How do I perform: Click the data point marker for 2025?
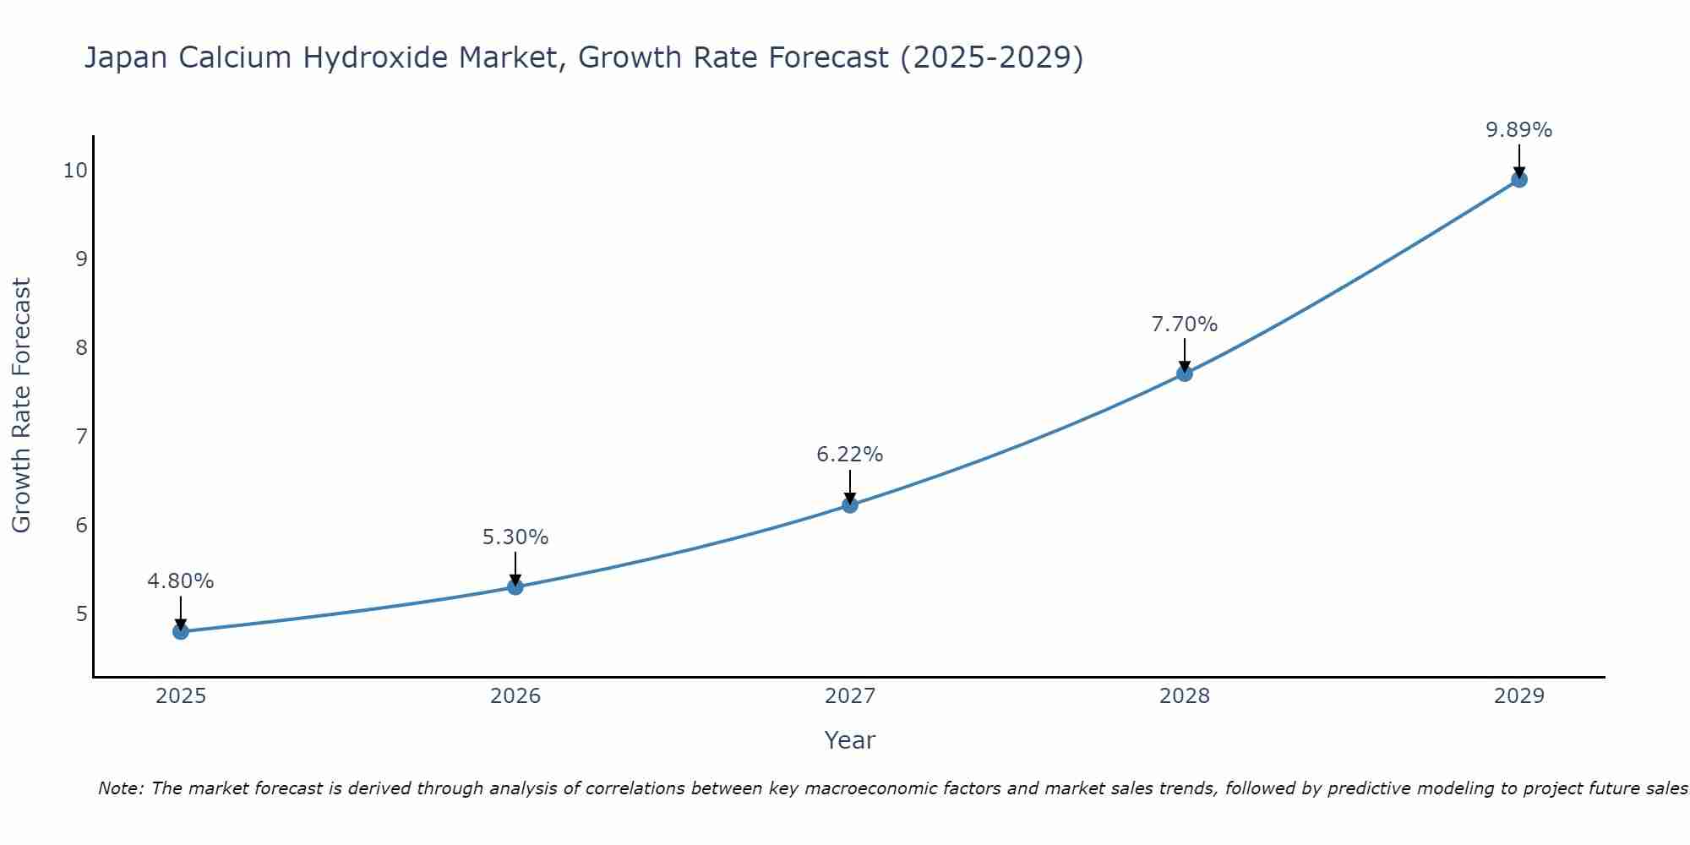tap(181, 631)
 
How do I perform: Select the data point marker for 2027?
tap(850, 505)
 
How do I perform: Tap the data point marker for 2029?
tap(1519, 179)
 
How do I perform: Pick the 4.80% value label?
tap(181, 581)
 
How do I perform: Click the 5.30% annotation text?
tap(515, 537)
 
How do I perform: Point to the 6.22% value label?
tap(850, 455)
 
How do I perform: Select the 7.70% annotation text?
tap(1185, 324)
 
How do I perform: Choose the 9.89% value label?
tap(1519, 130)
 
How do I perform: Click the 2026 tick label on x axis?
tap(515, 696)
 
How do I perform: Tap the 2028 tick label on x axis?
tap(1185, 696)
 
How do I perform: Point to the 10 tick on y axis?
tap(75, 171)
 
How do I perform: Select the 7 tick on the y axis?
tap(81, 437)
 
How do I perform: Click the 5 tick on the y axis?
tap(81, 613)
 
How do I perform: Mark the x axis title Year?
tap(850, 740)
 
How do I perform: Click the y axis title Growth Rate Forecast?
tap(22, 406)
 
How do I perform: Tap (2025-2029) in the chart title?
tap(992, 57)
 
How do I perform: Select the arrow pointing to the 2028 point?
tap(1185, 355)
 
